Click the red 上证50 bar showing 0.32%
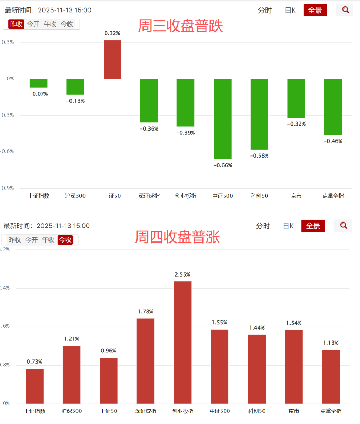click(112, 60)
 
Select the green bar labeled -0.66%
click(222, 119)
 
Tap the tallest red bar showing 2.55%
click(182, 342)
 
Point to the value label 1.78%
click(146, 312)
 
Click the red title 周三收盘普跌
click(180, 26)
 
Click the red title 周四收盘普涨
click(178, 237)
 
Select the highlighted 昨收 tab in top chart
click(16, 24)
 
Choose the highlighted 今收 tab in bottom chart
click(65, 240)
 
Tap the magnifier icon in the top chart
click(346, 10)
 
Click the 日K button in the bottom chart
click(288, 226)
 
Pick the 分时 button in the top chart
click(265, 11)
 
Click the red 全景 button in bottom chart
click(313, 226)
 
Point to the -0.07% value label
click(39, 94)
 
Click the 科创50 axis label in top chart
click(259, 196)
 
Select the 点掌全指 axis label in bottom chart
click(331, 411)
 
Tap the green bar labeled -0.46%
click(333, 107)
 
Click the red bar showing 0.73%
click(35, 386)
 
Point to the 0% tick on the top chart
click(10, 79)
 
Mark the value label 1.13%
click(331, 343)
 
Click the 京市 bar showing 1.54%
click(294, 367)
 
